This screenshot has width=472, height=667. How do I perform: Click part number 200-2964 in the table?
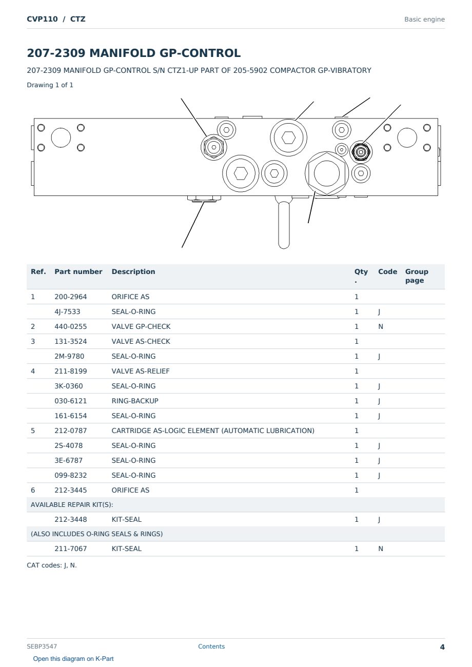coord(71,297)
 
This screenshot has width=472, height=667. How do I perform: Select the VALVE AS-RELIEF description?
coord(141,371)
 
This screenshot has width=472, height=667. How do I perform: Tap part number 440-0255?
coord(71,327)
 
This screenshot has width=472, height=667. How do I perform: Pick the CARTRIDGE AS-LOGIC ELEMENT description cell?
coord(213,431)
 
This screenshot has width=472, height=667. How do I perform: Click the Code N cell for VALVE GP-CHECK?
coord(381,327)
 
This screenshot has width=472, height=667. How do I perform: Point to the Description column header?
coord(133,271)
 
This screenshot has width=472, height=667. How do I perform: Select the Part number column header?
coord(78,271)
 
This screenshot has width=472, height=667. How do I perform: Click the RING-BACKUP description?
coord(135,401)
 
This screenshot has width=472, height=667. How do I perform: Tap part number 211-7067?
coord(71,549)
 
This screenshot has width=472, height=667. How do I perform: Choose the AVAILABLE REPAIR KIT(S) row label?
coord(72,505)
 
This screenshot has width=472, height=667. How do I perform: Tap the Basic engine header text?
coord(424,19)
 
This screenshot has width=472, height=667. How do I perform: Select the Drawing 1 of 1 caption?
coord(50,85)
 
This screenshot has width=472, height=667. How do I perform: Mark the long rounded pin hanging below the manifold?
coord(284,225)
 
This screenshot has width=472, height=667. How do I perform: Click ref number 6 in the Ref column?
coord(33,491)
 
